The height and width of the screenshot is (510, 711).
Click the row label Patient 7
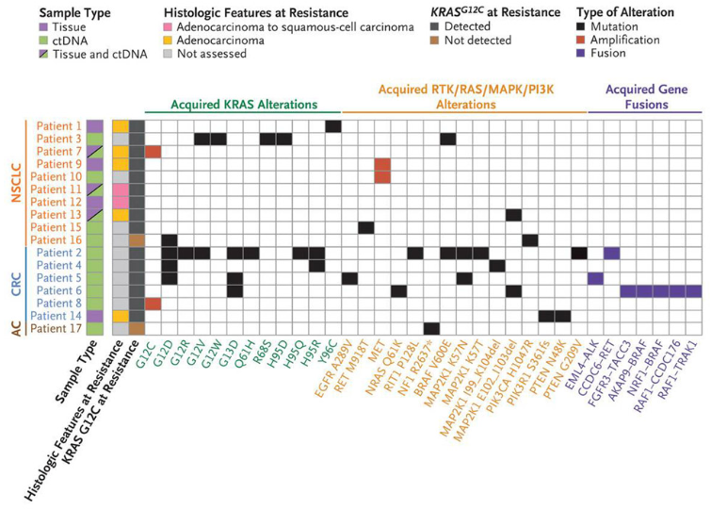(x=58, y=152)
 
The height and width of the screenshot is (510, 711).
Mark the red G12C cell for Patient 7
(x=154, y=152)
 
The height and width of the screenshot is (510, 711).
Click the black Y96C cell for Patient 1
(x=332, y=126)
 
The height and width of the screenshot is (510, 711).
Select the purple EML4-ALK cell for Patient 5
(x=595, y=277)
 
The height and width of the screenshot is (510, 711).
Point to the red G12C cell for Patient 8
(x=154, y=303)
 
